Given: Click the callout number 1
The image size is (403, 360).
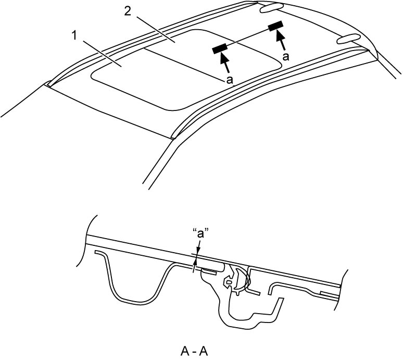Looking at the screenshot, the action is [74, 36].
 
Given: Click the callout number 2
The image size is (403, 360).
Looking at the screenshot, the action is [128, 11].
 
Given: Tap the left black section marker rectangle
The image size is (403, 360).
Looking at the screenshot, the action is [219, 48].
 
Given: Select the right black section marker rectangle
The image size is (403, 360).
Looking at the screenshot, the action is [275, 26].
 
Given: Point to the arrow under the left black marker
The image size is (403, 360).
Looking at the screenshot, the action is [224, 62].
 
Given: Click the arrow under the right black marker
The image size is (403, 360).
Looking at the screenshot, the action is [281, 40].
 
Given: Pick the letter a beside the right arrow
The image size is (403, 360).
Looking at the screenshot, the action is [285, 56].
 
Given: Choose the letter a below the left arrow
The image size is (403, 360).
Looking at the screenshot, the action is [230, 80].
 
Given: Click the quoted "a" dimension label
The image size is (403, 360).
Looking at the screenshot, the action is [200, 234].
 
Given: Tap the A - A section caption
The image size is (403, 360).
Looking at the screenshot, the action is [194, 351].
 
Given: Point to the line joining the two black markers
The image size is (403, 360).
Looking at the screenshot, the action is [247, 37].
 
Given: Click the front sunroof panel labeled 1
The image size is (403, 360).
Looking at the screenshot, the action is [134, 80].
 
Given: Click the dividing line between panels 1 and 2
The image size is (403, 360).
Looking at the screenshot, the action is [183, 64].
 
